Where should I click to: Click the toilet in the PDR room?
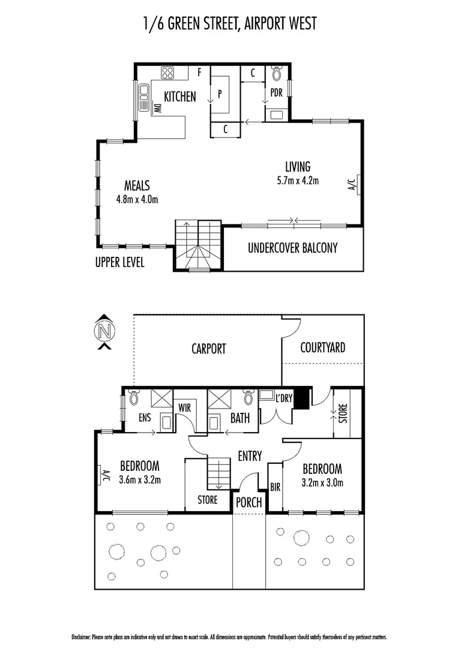coord(277,73)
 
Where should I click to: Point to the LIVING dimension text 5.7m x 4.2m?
coord(298,180)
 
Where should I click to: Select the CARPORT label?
coord(208,348)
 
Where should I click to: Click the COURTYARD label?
coord(322,347)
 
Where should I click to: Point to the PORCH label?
coord(249,502)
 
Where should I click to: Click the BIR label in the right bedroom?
coord(275,487)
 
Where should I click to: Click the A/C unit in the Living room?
coord(355,182)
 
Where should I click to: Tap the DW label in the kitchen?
coord(157,109)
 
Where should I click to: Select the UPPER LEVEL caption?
coord(119,263)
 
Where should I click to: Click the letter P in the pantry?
coord(220,94)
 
